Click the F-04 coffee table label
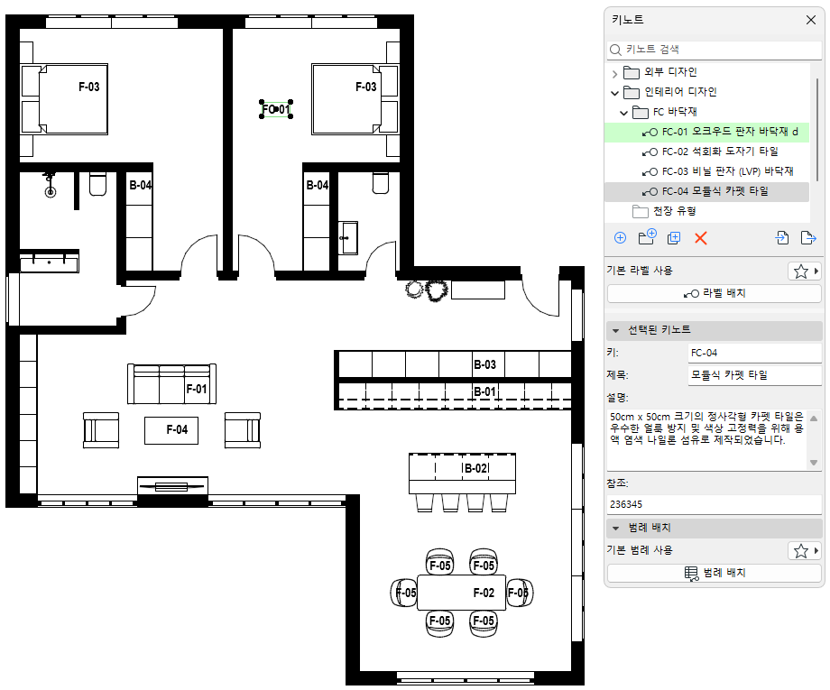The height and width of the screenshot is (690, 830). click(x=177, y=429)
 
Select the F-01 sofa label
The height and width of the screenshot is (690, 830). click(x=197, y=389)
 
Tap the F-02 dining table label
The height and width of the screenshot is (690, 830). click(x=484, y=593)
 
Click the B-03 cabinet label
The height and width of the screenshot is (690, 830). click(x=484, y=364)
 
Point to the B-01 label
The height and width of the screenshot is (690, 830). click(x=484, y=391)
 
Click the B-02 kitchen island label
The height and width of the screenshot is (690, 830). click(x=475, y=468)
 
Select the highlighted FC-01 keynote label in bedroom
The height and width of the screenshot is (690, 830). click(x=276, y=109)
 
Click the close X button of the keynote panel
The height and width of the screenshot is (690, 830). click(x=810, y=20)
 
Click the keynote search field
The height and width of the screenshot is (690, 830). click(x=715, y=50)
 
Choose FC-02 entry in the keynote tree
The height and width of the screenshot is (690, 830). click(x=719, y=152)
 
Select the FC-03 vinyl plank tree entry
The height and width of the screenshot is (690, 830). click(x=727, y=171)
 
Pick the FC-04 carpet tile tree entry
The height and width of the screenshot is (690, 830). click(x=715, y=191)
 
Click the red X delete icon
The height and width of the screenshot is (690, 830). click(x=700, y=238)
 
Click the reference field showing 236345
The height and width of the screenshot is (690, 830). click(x=715, y=504)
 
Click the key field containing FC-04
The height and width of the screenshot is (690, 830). click(x=755, y=353)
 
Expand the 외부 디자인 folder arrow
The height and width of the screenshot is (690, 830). click(x=614, y=73)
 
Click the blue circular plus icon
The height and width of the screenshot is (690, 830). click(x=620, y=238)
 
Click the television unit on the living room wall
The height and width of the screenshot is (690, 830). click(x=172, y=486)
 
